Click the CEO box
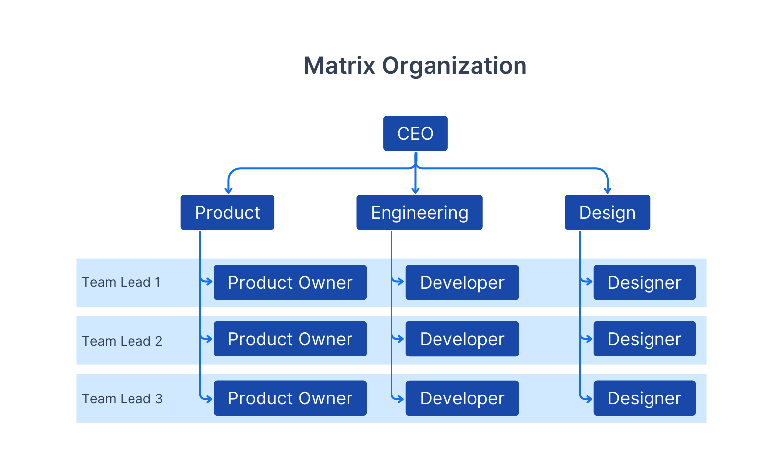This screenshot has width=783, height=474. [x=415, y=133]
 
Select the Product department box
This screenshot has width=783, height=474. [x=227, y=212]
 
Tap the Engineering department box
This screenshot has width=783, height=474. [x=419, y=212]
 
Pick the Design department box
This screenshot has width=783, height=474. [x=607, y=212]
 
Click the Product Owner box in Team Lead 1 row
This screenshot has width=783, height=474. [x=290, y=282]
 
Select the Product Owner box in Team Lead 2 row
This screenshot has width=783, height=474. [x=290, y=339]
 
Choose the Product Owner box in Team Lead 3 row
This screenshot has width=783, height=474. [x=290, y=398]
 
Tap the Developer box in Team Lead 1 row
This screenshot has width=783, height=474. [x=462, y=282]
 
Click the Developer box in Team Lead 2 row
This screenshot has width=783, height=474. [x=462, y=339]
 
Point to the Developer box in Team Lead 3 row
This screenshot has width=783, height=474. [x=462, y=398]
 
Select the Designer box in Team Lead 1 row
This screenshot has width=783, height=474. [x=644, y=282]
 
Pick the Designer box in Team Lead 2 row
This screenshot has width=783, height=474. [x=644, y=339]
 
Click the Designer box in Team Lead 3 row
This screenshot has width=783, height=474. [x=644, y=398]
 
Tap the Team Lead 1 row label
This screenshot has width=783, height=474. [x=121, y=282]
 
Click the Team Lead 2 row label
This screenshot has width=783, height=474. [x=122, y=341]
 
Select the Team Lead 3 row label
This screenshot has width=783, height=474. [x=122, y=399]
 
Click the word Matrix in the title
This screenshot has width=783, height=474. [x=340, y=66]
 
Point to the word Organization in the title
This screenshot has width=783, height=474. [x=454, y=66]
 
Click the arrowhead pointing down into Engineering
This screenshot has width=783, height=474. [x=416, y=191]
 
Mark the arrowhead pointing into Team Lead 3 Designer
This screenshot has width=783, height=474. [x=589, y=399]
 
